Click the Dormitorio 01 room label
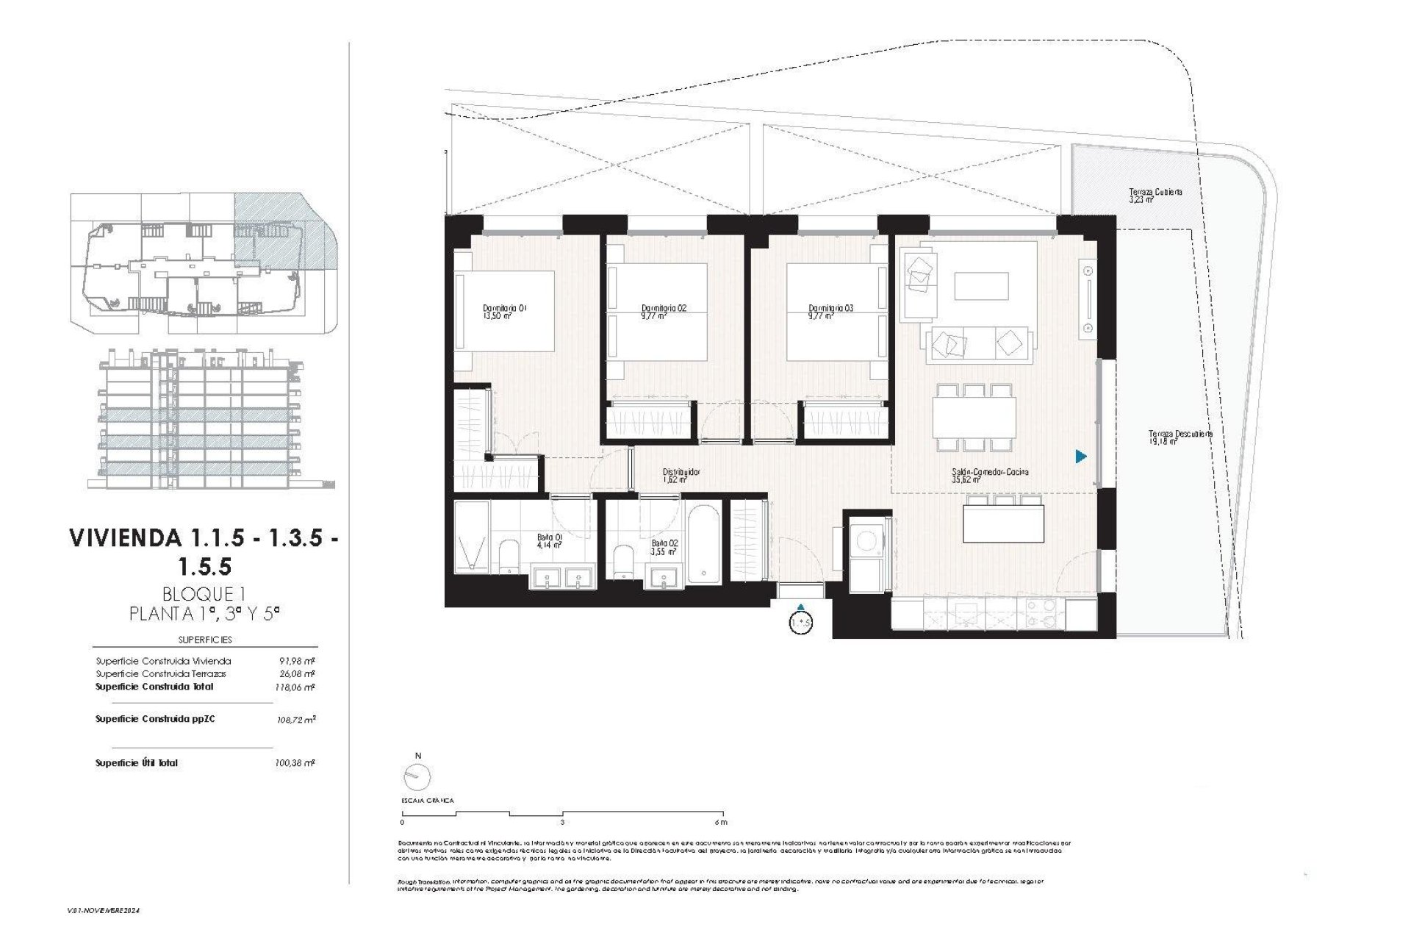pos(505,312)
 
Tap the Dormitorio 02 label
pos(663,312)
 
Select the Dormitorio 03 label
pos(830,312)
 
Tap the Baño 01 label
pos(549,541)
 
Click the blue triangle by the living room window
pos(1080,457)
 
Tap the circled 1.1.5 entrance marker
pos(800,623)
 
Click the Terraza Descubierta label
pos(1180,437)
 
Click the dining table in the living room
pos(974,416)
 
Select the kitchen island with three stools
pos(1002,523)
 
